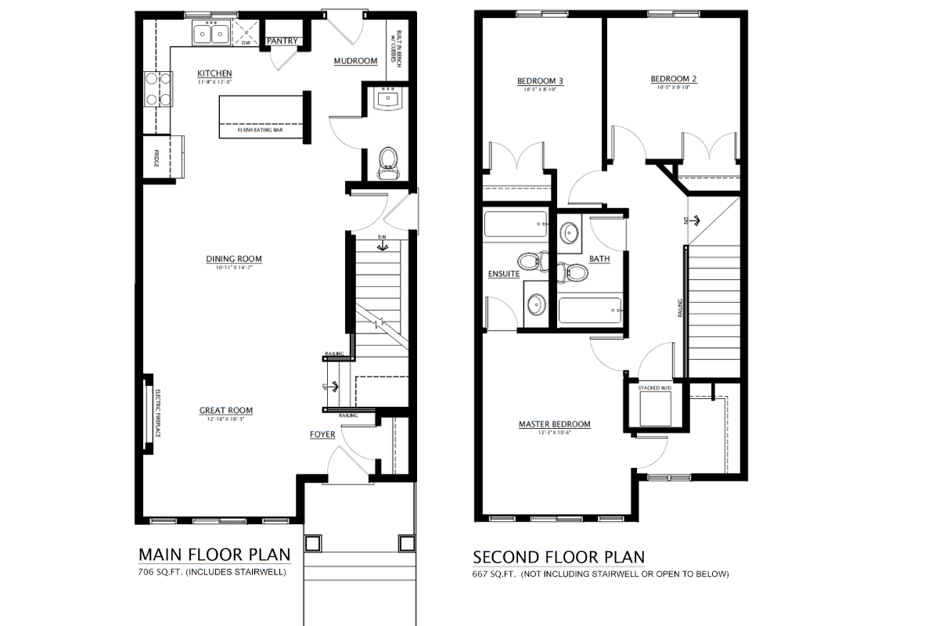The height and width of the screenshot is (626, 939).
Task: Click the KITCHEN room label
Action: [x=214, y=74]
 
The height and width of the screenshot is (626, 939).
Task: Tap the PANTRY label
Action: [x=281, y=41]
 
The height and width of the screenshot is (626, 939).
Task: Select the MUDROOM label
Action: [x=355, y=61]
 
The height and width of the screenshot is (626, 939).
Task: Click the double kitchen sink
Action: [x=210, y=34]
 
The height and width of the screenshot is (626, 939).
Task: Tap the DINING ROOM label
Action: [x=233, y=259]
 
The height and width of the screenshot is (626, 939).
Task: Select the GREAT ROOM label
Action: [x=225, y=410]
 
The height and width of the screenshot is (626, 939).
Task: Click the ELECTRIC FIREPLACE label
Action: [x=156, y=413]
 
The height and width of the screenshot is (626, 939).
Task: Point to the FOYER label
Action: [x=322, y=434]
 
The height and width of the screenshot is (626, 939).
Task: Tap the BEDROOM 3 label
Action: [x=540, y=81]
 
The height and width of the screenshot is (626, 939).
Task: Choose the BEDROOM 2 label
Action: [x=673, y=78]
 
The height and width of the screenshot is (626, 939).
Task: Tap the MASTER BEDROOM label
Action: [x=554, y=424]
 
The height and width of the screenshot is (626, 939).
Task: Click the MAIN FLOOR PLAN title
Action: [x=214, y=554]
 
